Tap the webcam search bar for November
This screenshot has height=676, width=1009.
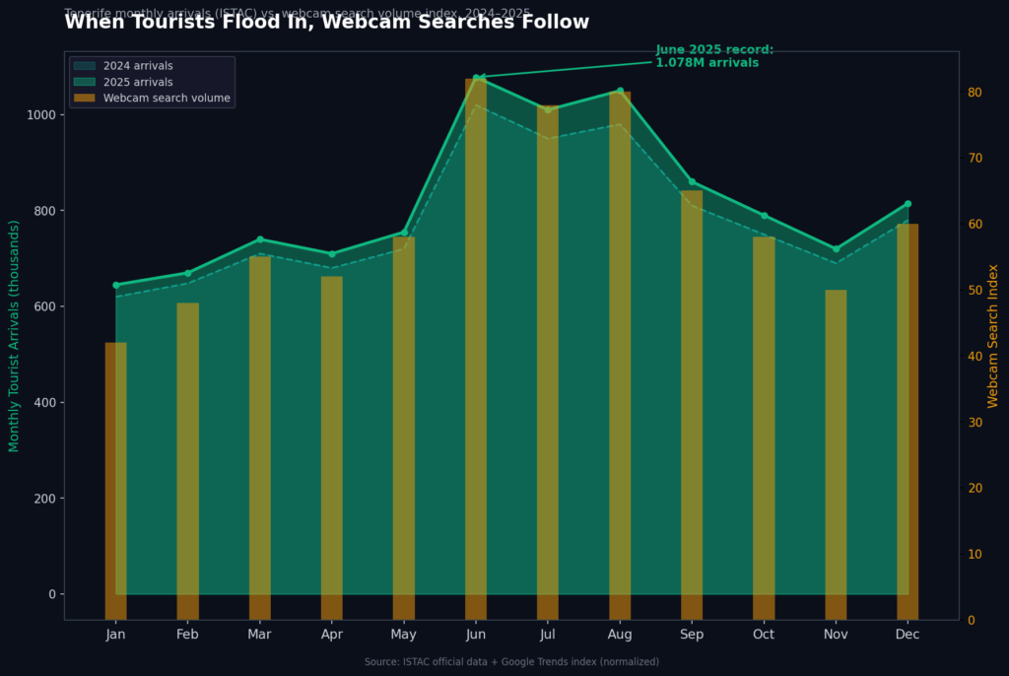[x=836, y=454]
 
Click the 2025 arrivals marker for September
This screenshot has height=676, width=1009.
[x=692, y=181]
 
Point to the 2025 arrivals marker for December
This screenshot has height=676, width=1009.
[x=908, y=204]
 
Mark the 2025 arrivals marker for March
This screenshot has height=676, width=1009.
[x=260, y=239]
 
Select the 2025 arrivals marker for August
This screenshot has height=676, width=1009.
[x=620, y=91]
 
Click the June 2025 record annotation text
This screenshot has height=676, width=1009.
[x=714, y=56]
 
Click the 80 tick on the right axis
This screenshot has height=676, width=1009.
[x=975, y=93]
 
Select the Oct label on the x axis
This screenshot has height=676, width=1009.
[x=764, y=634]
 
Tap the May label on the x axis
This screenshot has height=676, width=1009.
[x=404, y=634]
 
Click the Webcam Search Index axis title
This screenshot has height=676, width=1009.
[x=993, y=335]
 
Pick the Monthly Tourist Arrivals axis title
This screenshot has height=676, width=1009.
[x=15, y=335]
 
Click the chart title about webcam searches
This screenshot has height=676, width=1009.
[x=326, y=23]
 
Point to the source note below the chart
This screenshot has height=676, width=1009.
[x=511, y=662]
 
